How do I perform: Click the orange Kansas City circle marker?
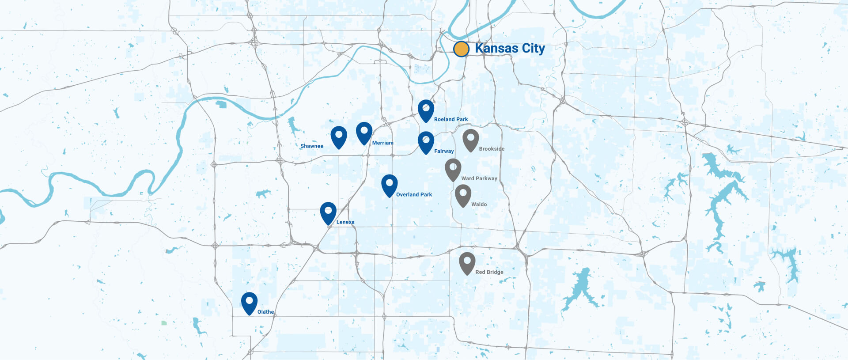[461, 49]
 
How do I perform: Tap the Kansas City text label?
[510, 48]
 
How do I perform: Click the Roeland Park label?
[450, 119]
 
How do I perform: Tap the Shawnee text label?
[312, 146]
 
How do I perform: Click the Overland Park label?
[414, 194]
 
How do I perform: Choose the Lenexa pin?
[328, 212]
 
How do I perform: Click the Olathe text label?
[265, 312]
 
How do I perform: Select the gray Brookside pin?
[470, 139]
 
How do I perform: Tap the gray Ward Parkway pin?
[453, 169]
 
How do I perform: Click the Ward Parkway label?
[479, 178]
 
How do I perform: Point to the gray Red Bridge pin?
[467, 262]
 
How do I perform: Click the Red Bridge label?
[489, 272]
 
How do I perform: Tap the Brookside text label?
[492, 149]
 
